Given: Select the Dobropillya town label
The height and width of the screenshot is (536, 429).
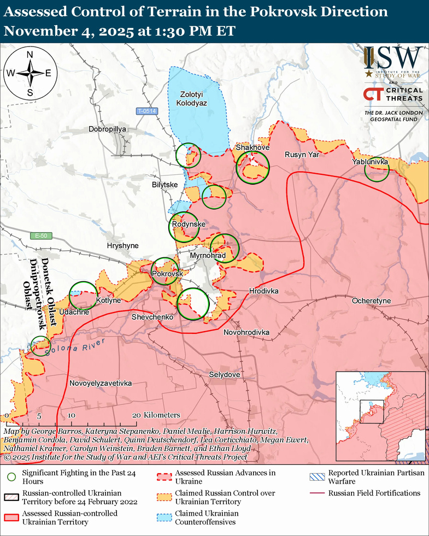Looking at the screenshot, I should [x=107, y=129].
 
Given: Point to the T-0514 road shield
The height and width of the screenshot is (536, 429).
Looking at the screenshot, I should [x=147, y=111].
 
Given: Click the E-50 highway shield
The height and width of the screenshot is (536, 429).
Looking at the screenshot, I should [x=39, y=235].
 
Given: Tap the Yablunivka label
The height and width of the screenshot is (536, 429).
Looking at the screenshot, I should [x=371, y=162].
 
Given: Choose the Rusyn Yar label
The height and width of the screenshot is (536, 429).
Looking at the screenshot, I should [x=301, y=155].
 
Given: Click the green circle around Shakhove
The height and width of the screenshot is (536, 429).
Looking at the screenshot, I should [x=252, y=167].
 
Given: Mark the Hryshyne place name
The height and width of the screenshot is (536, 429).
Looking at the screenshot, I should [x=122, y=246].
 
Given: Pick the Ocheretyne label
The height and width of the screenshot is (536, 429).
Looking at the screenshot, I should [x=371, y=301].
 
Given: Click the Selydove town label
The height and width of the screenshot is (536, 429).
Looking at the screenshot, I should [x=224, y=375].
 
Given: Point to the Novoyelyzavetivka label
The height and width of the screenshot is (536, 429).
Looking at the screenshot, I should [x=101, y=384].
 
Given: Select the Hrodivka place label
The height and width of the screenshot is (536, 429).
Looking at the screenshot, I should [x=263, y=291].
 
